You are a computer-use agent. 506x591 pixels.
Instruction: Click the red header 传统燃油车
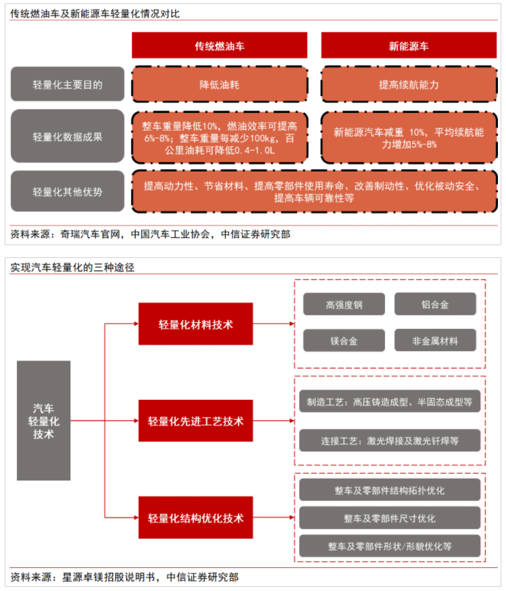(x=220, y=45)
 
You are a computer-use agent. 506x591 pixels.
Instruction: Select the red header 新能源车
(x=409, y=45)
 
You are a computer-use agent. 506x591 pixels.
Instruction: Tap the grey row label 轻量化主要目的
(x=68, y=84)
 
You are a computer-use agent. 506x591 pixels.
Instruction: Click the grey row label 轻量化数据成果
(x=68, y=136)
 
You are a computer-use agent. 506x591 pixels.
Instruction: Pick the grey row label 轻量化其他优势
(x=68, y=191)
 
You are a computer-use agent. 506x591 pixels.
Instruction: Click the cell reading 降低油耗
(x=220, y=84)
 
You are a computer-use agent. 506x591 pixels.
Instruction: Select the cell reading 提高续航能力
(x=409, y=84)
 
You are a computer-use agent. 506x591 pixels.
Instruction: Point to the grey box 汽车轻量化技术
(x=44, y=421)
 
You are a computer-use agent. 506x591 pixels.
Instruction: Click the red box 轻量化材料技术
(x=196, y=324)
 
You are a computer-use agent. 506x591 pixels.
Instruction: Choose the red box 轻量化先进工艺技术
(x=196, y=421)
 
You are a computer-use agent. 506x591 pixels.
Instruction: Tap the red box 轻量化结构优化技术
(x=196, y=517)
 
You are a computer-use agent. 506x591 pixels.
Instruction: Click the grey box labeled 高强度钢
(x=345, y=304)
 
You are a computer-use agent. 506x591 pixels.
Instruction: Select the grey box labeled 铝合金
(x=436, y=304)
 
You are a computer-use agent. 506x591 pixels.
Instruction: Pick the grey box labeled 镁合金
(x=345, y=340)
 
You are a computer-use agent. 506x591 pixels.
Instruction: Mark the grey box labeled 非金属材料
(x=436, y=340)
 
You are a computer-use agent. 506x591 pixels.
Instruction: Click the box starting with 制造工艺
(x=390, y=401)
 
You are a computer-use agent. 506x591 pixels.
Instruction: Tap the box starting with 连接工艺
(x=390, y=440)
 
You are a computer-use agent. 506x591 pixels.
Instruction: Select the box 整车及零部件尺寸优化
(x=390, y=518)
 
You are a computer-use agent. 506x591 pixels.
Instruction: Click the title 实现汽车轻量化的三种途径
(x=72, y=267)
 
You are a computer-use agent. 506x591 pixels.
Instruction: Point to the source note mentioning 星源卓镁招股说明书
(x=124, y=577)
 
